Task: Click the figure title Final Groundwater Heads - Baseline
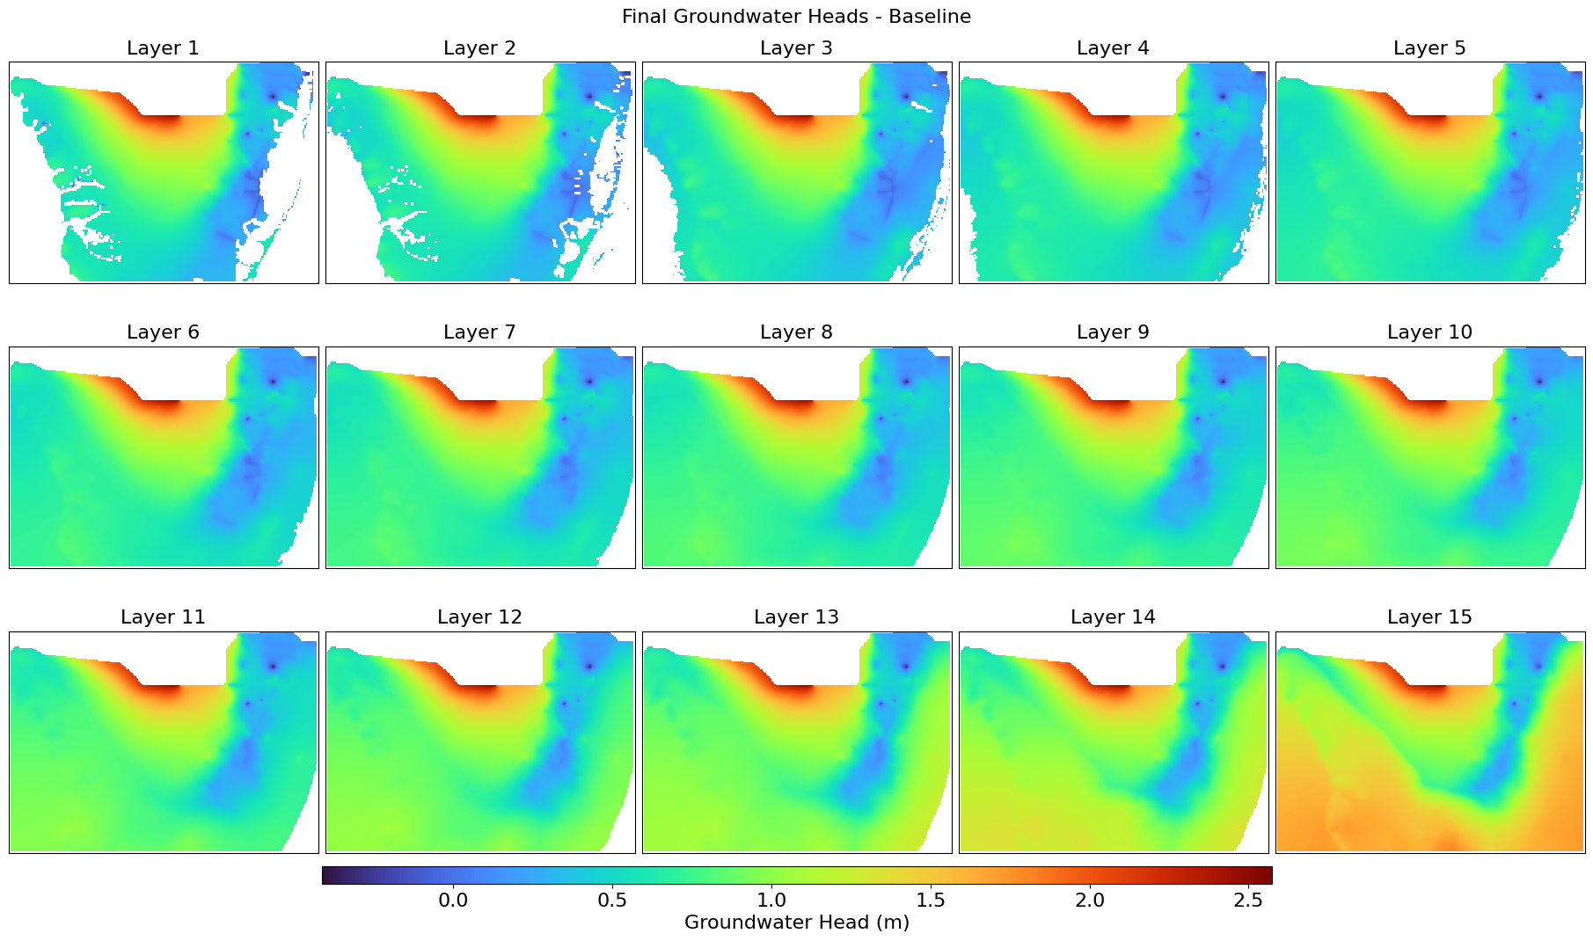click(796, 17)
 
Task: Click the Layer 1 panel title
click(163, 48)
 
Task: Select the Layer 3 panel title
click(796, 48)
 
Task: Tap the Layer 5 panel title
click(1429, 48)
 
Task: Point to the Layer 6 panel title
click(163, 332)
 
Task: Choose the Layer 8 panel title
click(796, 332)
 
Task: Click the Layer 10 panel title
click(1429, 332)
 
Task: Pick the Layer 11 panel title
click(163, 617)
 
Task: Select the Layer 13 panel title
click(796, 617)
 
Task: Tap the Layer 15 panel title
click(1429, 617)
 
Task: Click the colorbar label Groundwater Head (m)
click(796, 923)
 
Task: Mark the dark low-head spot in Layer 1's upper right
click(273, 96)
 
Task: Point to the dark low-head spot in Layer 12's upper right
click(589, 666)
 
